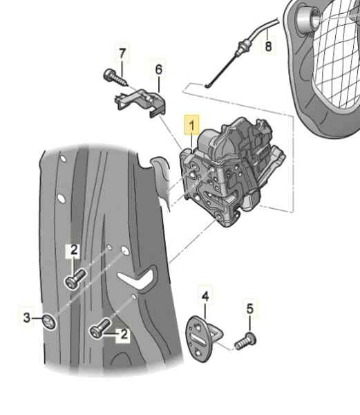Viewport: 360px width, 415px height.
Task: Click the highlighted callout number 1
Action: coord(189,126)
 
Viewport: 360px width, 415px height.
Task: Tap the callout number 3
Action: coord(27,317)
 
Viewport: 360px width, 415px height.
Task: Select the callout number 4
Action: coord(205,297)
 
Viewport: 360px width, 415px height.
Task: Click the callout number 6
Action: coord(159,69)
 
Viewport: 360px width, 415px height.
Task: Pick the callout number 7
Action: coord(122,53)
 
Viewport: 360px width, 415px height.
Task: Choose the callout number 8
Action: coord(269,47)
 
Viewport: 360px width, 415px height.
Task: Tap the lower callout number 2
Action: coord(124,335)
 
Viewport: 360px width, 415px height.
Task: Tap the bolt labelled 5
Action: coord(245,340)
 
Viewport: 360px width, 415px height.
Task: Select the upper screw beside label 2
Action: coord(74,279)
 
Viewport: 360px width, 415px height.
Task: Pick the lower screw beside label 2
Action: coord(100,329)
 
